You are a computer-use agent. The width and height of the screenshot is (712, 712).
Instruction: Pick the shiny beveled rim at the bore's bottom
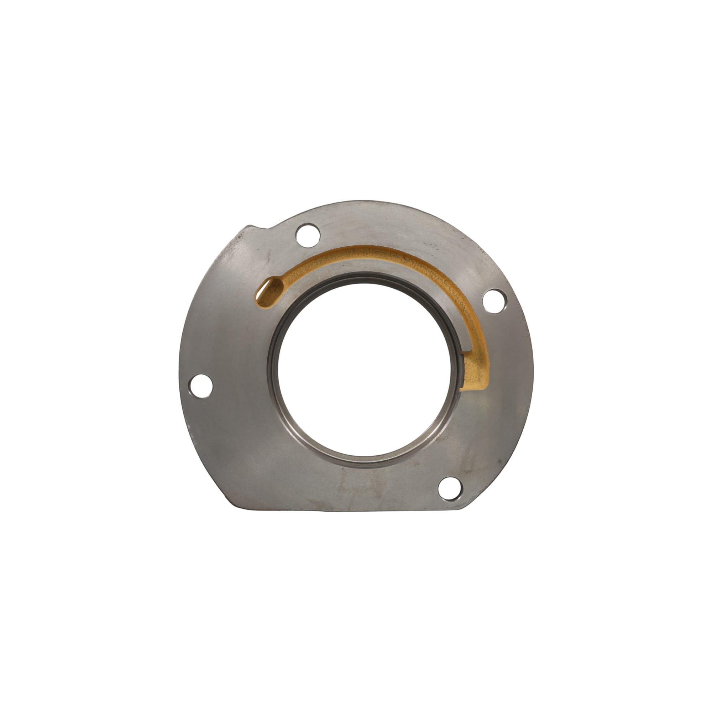click(x=365, y=462)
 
